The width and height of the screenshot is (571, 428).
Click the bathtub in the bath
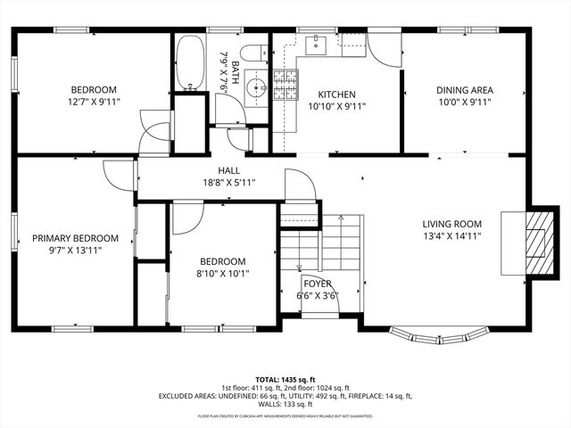[190, 62]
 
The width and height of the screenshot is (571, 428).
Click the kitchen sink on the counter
[318, 44]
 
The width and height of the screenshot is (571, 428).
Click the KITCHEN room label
[336, 95]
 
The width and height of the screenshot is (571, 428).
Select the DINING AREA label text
[464, 90]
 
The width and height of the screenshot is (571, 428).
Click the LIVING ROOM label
[451, 224]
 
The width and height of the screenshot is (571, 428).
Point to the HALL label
[228, 170]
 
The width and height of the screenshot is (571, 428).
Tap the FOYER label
[317, 283]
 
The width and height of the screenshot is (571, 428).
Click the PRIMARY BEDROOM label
[75, 238]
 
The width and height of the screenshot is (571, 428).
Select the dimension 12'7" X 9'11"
[95, 102]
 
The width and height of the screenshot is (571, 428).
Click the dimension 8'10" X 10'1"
[222, 273]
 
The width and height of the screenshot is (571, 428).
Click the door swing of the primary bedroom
[118, 175]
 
